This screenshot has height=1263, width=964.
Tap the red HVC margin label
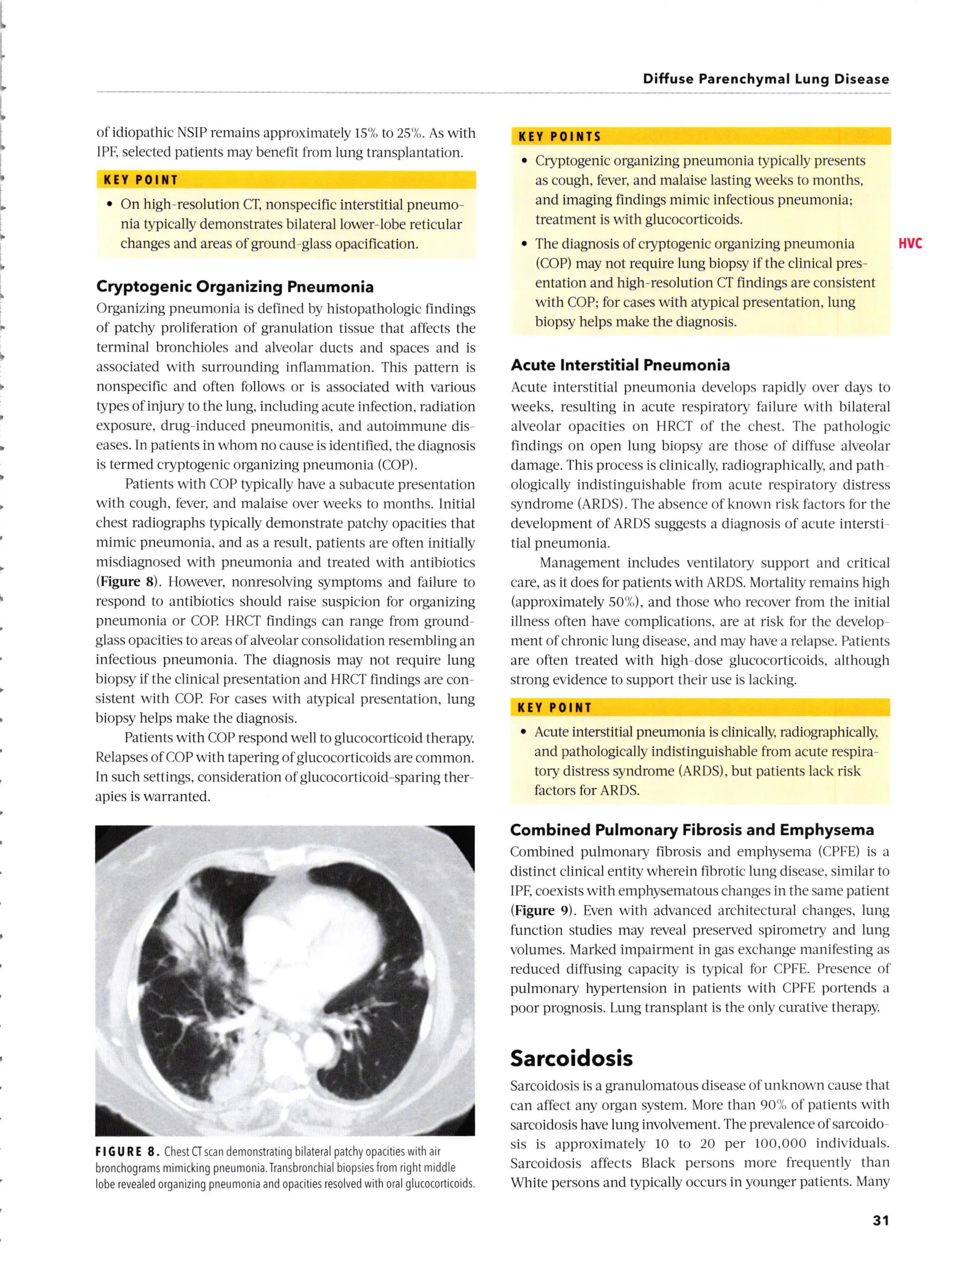(x=910, y=244)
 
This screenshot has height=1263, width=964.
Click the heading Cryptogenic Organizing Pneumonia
(x=235, y=287)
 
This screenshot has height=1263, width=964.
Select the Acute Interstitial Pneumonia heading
(x=620, y=365)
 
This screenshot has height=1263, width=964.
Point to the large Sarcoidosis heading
(x=571, y=1058)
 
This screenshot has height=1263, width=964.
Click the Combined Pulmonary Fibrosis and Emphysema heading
(x=691, y=830)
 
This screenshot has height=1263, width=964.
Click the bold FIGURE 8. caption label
(x=128, y=1152)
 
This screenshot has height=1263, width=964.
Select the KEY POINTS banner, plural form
(x=560, y=136)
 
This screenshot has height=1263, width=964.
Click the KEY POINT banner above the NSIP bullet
(x=141, y=180)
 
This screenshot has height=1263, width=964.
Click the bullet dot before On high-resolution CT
(x=110, y=205)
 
